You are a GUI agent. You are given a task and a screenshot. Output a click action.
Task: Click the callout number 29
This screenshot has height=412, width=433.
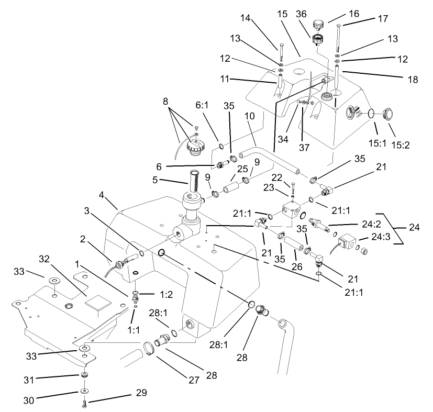pyautogui.click(x=141, y=393)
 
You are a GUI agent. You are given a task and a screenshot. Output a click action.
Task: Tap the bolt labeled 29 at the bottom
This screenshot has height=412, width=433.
pyautogui.click(x=84, y=404)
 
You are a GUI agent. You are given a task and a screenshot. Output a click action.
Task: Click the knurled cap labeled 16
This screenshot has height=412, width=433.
pyautogui.click(x=317, y=24)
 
